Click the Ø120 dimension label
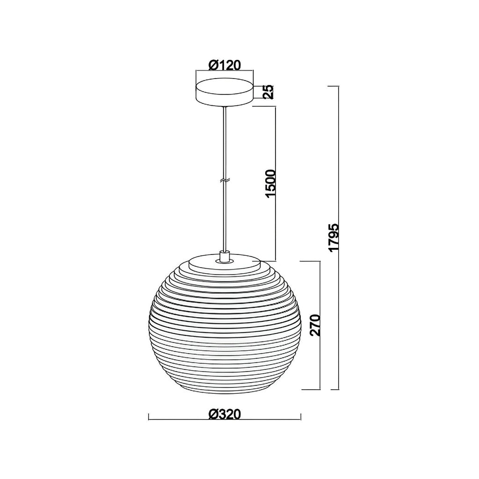pos(225,65)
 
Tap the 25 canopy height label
pos(269,92)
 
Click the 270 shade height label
pos(316,325)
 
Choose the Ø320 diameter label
pos(225,414)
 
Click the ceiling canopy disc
pos(225,92)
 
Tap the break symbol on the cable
pos(225,181)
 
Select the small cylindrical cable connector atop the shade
pos(225,256)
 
